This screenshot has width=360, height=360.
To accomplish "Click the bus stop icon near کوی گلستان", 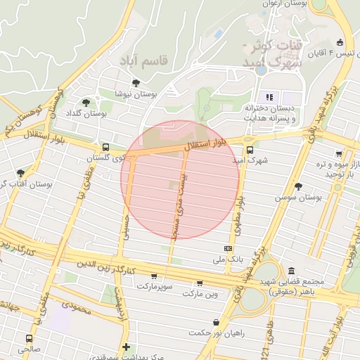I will click(105, 147).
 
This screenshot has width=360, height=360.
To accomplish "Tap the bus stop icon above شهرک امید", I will click(250, 149).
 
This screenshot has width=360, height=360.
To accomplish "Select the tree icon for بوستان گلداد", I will click(86, 103).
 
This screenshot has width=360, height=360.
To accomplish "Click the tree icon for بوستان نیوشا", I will click(136, 83).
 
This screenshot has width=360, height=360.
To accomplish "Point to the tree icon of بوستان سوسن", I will click(299, 186).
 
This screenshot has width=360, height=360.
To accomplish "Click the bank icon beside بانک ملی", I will click(228, 248).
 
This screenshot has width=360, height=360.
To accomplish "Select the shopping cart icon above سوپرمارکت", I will click(154, 276).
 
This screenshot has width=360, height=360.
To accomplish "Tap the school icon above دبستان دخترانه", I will click(268, 96).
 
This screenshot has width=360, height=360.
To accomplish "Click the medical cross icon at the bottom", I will click(126, 347).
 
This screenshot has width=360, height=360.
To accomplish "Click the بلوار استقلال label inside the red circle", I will click(208, 145).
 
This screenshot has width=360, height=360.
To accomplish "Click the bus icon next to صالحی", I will click(29, 338).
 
